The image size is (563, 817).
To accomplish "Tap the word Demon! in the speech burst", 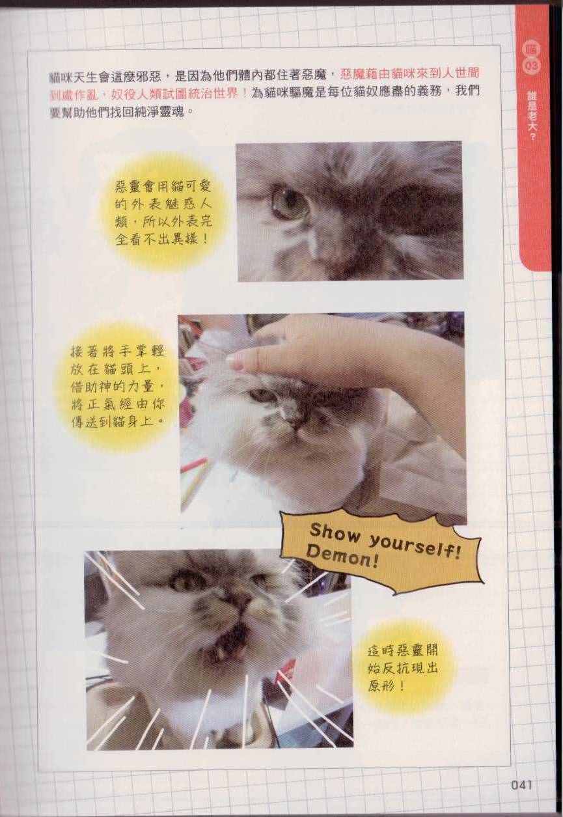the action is coord(340,559).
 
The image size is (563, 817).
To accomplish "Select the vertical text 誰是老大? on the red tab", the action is coord(531,117).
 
